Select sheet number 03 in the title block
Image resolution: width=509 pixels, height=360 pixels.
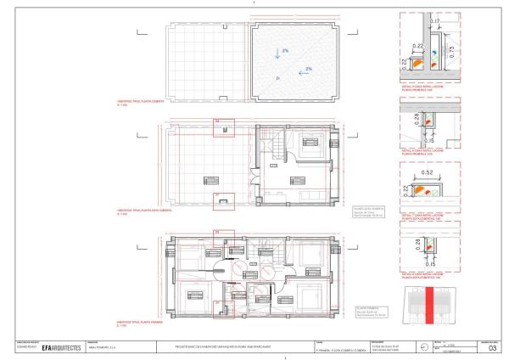point(493,347)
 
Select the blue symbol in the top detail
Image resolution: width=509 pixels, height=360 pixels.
point(434,52)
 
